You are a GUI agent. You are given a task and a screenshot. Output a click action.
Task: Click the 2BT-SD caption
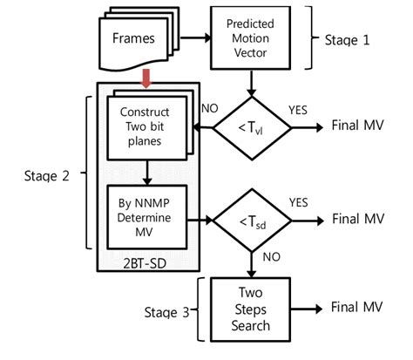click(146, 261)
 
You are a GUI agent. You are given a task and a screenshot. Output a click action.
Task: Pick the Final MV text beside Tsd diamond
click(357, 219)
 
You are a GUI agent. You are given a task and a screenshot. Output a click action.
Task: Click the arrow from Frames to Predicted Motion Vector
click(193, 37)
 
